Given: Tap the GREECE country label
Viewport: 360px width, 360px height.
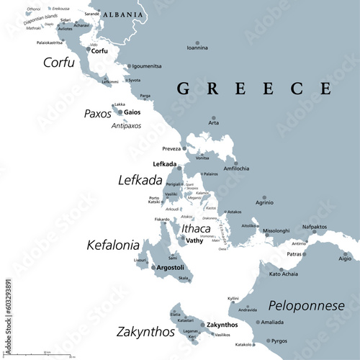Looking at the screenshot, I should [x=253, y=89].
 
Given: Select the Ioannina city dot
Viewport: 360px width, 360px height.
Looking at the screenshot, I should [x=197, y=40].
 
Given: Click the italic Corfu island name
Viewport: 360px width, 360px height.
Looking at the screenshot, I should [x=59, y=63].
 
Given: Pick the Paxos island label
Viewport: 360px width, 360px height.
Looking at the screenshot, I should [x=98, y=114].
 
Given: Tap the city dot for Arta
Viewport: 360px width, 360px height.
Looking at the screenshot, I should [x=212, y=117].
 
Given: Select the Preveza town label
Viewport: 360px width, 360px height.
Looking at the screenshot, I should [x=171, y=150].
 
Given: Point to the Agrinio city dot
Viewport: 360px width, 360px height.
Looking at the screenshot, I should [x=264, y=197].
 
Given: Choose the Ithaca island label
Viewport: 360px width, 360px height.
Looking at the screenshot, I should [x=196, y=228].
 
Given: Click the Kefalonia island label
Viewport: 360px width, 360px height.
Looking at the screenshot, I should [x=113, y=245].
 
